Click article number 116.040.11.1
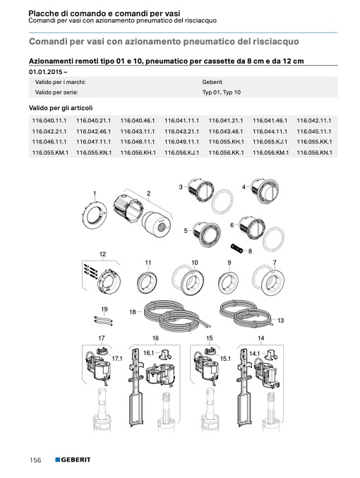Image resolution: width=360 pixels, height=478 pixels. (x=49, y=121)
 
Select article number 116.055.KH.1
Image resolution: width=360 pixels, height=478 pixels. (x=226, y=142)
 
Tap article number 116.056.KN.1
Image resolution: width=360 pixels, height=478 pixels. (x=315, y=153)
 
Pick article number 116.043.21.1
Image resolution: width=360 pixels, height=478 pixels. (x=181, y=131)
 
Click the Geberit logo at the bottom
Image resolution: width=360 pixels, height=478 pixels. (x=73, y=460)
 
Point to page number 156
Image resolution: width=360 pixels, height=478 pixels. (x=35, y=460)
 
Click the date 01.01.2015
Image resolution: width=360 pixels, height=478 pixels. (x=46, y=72)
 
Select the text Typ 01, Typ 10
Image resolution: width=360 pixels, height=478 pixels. (x=222, y=92)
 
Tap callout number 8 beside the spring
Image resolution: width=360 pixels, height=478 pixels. (x=251, y=251)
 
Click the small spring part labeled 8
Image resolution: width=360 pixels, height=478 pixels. (x=237, y=248)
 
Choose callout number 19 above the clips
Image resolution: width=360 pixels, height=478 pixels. (x=104, y=309)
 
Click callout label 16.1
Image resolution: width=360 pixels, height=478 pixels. (x=148, y=353)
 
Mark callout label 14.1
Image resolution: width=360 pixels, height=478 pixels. (x=255, y=354)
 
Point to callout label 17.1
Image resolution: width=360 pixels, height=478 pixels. (x=117, y=359)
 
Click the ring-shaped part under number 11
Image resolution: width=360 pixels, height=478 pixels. (x=147, y=282)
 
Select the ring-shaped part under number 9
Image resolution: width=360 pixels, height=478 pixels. (x=229, y=282)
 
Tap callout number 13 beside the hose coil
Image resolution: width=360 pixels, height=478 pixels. (x=281, y=320)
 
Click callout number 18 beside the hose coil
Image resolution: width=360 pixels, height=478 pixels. (x=133, y=312)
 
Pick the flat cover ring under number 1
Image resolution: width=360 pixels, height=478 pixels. (x=95, y=215)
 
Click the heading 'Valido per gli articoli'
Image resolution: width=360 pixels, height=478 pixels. (x=61, y=108)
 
